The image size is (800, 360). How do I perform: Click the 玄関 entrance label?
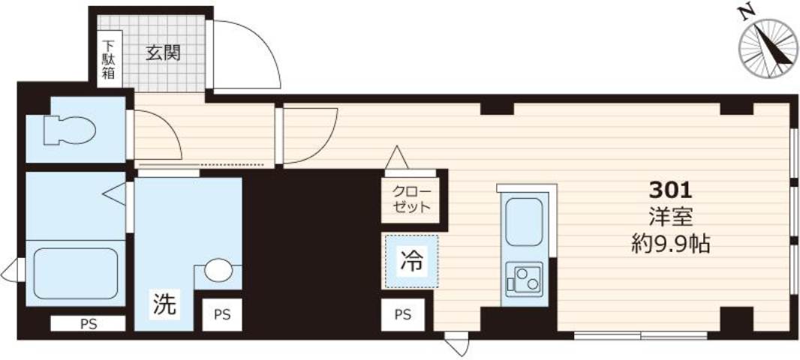click(x=163, y=53)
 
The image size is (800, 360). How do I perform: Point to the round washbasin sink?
click(x=218, y=269)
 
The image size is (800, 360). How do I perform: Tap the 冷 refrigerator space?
click(x=411, y=262)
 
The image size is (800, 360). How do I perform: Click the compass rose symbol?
click(x=768, y=49)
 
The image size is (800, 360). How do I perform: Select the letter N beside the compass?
click(x=745, y=13)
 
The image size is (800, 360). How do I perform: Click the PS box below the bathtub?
click(x=88, y=324)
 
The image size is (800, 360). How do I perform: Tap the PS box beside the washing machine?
click(x=223, y=315)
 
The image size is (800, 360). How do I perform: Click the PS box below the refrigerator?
click(x=403, y=315)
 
